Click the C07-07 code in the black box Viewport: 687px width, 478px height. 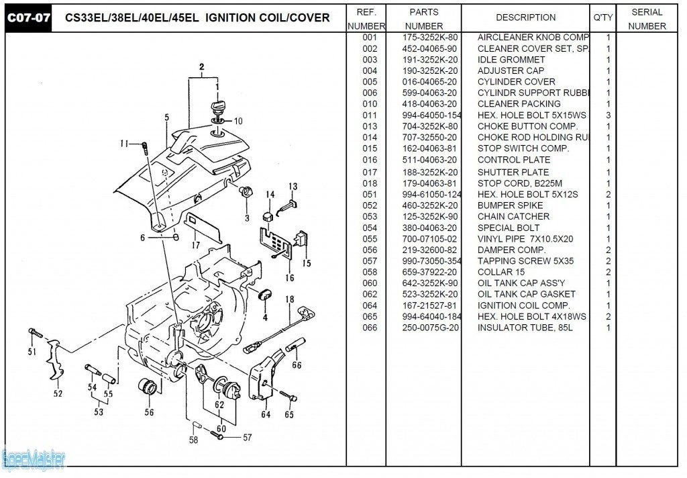pos(28,17)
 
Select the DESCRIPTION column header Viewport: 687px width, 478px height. pos(525,17)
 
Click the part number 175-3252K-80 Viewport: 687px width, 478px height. pos(430,38)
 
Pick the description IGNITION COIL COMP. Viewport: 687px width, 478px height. pos(523,305)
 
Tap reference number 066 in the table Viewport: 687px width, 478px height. pos(370,328)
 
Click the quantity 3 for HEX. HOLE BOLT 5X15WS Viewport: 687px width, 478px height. pos(608,115)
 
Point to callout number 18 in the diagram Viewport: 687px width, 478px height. pos(290,299)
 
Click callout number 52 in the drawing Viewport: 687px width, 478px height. pos(58,394)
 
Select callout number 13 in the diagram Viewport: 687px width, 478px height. pos(293,187)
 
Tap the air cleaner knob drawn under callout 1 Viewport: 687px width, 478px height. pos(217,107)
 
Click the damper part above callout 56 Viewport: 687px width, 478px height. pos(147,387)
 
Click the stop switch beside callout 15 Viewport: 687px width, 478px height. pos(301,240)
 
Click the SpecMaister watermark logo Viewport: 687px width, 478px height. pos(34,460)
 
